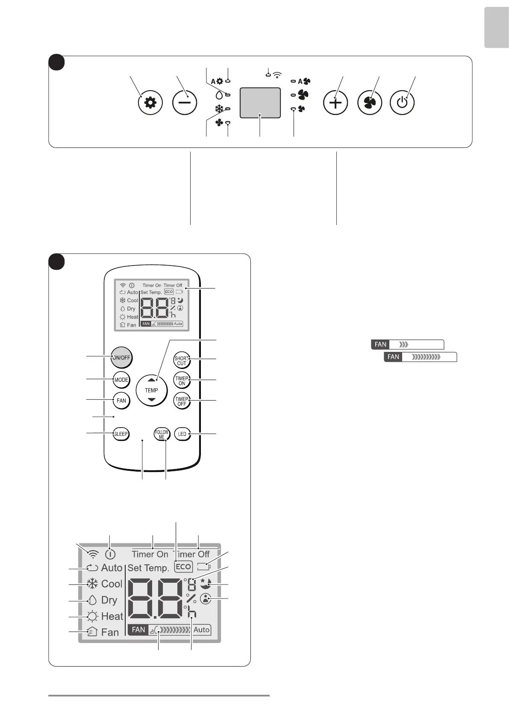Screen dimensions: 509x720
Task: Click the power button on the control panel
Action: pyautogui.click(x=402, y=103)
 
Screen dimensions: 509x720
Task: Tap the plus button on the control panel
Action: pyautogui.click(x=335, y=103)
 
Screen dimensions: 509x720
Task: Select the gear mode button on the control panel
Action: pyautogui.click(x=150, y=103)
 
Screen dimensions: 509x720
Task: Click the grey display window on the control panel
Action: pyautogui.click(x=260, y=103)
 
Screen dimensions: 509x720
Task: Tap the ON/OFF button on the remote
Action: pyautogui.click(x=121, y=357)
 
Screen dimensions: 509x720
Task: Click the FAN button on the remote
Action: pyautogui.click(x=121, y=401)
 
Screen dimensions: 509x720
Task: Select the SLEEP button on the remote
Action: pyautogui.click(x=121, y=434)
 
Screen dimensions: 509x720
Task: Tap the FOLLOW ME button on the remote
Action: pyautogui.click(x=162, y=434)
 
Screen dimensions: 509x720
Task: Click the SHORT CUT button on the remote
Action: pyautogui.click(x=182, y=360)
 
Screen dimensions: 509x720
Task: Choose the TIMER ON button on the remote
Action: pyautogui.click(x=182, y=381)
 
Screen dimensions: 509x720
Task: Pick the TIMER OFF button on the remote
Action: pyautogui.click(x=182, y=401)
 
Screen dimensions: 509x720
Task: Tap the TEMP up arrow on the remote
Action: pyautogui.click(x=151, y=380)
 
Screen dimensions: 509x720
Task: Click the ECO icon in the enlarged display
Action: pyautogui.click(x=183, y=567)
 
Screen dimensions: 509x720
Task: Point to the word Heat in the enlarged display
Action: pyautogui.click(x=112, y=617)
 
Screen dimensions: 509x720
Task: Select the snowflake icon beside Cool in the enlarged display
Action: pyautogui.click(x=92, y=584)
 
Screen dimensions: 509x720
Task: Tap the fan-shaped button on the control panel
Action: pyautogui.click(x=369, y=103)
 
